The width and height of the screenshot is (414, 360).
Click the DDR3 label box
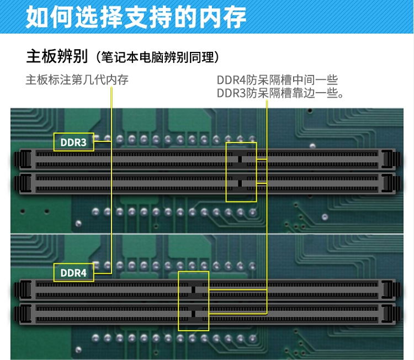point(73,142)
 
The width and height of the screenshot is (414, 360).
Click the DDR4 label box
point(73,273)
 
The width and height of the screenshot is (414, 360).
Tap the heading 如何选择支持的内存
point(136,17)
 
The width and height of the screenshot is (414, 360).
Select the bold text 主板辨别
point(57,56)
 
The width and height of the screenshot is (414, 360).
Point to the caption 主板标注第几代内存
point(77,80)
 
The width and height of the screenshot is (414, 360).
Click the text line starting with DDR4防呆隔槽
point(277,80)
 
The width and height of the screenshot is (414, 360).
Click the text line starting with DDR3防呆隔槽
point(280,93)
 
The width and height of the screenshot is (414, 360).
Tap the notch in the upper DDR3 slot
point(240,159)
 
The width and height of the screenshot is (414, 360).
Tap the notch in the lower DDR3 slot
point(240,183)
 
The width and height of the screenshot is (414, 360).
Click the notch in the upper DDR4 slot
point(194,290)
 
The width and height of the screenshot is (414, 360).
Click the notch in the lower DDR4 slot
point(194,314)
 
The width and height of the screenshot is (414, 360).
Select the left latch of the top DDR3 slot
point(23,159)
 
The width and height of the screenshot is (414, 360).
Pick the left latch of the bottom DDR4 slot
point(23,314)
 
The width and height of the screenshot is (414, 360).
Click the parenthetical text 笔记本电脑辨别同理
point(158,57)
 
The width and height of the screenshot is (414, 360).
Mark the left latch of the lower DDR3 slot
point(23,183)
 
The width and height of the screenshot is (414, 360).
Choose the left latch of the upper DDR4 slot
point(23,290)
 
